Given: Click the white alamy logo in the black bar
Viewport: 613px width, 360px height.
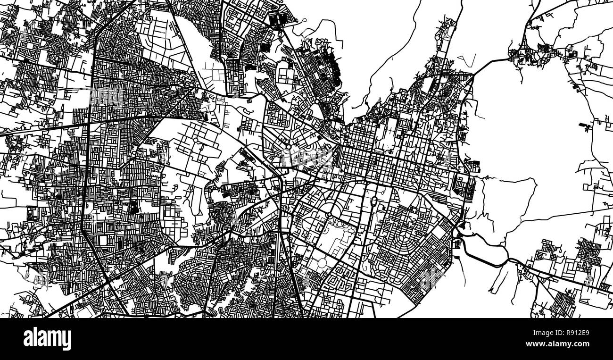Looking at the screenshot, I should click(x=47, y=339).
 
